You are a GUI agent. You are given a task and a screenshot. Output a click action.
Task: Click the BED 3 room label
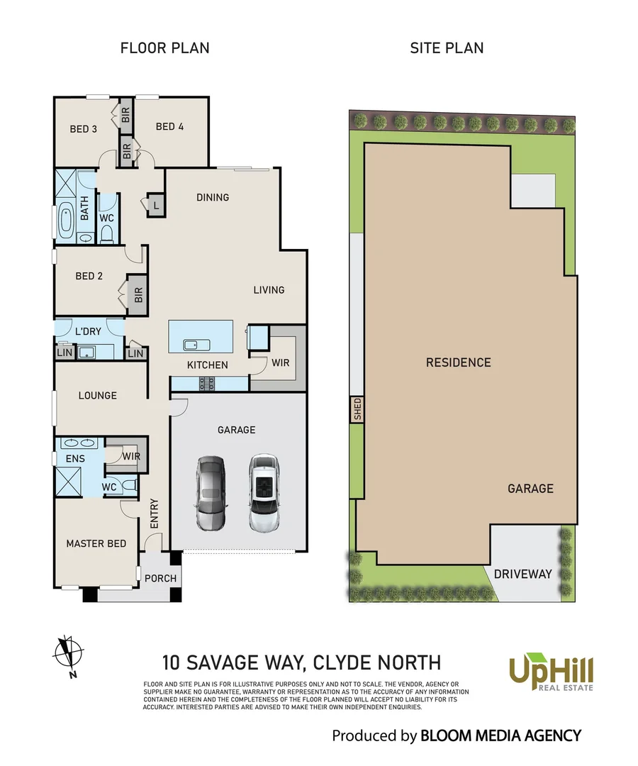point(84,129)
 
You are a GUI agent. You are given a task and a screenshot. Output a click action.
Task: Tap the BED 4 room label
point(169,127)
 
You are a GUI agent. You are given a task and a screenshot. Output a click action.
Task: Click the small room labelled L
point(155,204)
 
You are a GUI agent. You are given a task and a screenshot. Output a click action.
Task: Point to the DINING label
point(213,197)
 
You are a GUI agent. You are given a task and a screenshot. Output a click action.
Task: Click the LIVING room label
point(269,289)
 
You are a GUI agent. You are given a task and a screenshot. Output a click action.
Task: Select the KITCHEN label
point(207,365)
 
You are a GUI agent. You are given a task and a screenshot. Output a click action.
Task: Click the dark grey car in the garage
point(211,494)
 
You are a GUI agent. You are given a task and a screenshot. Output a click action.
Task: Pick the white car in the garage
point(263,492)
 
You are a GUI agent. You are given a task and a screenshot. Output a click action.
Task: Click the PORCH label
point(160,578)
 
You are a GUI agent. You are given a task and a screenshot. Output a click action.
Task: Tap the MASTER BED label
point(96,543)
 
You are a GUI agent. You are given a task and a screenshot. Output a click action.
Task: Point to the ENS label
point(75,459)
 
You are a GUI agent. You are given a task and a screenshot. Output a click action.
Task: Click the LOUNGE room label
point(98,395)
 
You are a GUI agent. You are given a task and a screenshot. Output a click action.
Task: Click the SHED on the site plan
point(357,409)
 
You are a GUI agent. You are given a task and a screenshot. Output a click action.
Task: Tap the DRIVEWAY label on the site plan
point(522,574)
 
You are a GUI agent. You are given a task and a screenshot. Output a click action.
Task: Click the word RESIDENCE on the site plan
point(458,362)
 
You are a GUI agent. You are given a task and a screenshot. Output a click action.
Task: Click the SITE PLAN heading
point(447,48)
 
